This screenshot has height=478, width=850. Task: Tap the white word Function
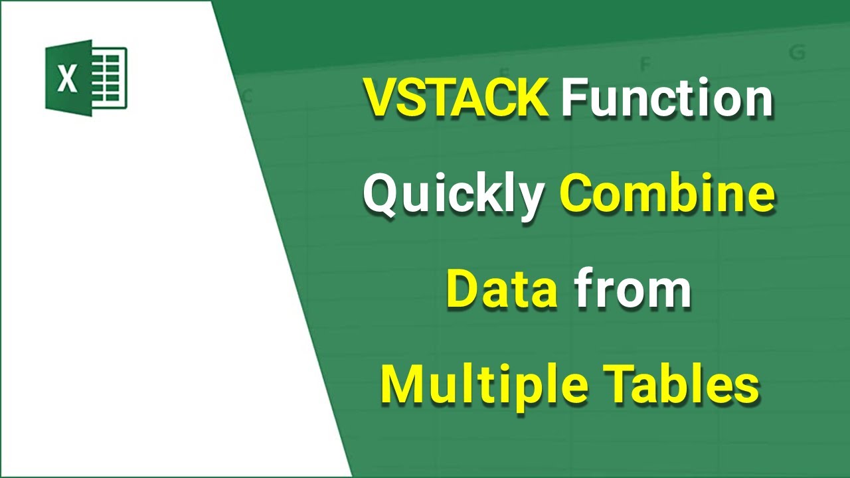[x=667, y=98]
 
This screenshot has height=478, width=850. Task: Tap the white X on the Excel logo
[x=67, y=79]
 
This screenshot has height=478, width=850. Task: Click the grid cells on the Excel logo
[x=109, y=78]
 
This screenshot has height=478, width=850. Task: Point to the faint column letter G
[x=797, y=53]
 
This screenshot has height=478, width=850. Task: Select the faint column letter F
[x=643, y=64]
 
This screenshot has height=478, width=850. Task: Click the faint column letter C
[x=247, y=97]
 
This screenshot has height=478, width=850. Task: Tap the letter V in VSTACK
[x=379, y=98]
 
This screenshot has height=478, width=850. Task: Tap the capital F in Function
[x=573, y=98]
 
